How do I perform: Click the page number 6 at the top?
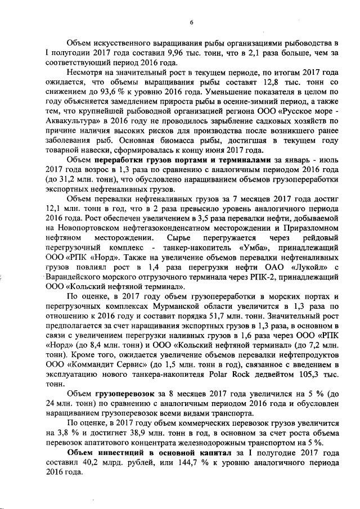coord(191,22)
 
